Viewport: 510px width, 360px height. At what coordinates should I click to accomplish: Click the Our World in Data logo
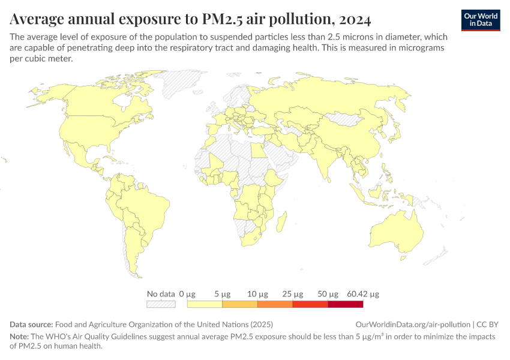(480, 20)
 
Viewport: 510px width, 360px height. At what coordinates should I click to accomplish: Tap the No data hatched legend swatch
(161, 304)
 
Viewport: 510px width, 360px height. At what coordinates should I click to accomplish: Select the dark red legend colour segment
(346, 304)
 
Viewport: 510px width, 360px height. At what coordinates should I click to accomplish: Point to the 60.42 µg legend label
(363, 294)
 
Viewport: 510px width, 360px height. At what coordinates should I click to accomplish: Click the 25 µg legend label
(293, 294)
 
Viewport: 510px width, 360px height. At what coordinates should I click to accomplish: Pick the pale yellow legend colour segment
(205, 304)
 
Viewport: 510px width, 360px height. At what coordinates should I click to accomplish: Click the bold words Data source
(31, 323)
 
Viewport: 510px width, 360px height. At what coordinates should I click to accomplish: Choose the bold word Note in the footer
(20, 337)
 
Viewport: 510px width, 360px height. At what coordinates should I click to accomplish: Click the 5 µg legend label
(222, 294)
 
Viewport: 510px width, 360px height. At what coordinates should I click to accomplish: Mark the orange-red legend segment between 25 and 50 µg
(310, 304)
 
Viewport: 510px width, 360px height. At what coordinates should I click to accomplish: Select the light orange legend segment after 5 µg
(240, 304)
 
